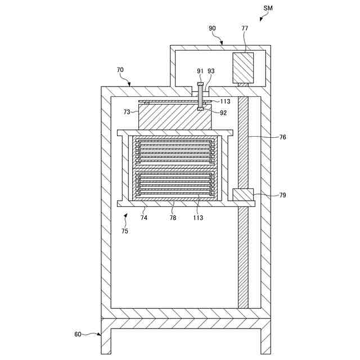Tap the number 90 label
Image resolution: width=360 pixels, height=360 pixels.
pyautogui.click(x=211, y=28)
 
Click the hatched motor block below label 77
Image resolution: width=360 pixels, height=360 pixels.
pyautogui.click(x=244, y=68)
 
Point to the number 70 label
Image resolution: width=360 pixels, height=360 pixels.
pyautogui.click(x=120, y=70)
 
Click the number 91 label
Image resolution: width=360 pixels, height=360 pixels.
pyautogui.click(x=200, y=71)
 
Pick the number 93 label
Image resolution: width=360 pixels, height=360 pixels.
pyautogui.click(x=211, y=71)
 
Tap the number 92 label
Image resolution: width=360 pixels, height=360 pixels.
pyautogui.click(x=223, y=112)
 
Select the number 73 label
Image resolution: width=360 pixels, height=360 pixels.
pyautogui.click(x=128, y=112)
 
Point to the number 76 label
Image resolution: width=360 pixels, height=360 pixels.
pyautogui.click(x=282, y=137)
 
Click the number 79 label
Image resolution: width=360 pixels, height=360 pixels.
pyautogui.click(x=282, y=195)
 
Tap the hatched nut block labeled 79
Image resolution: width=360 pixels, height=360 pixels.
pyautogui.click(x=243, y=195)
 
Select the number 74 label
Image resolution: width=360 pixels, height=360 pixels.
pyautogui.click(x=143, y=217)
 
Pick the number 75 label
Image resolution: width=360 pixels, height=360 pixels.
pyautogui.click(x=124, y=231)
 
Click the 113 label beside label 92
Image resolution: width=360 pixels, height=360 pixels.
pyautogui.click(x=224, y=102)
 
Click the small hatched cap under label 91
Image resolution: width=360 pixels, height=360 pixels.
pyautogui.click(x=200, y=84)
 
